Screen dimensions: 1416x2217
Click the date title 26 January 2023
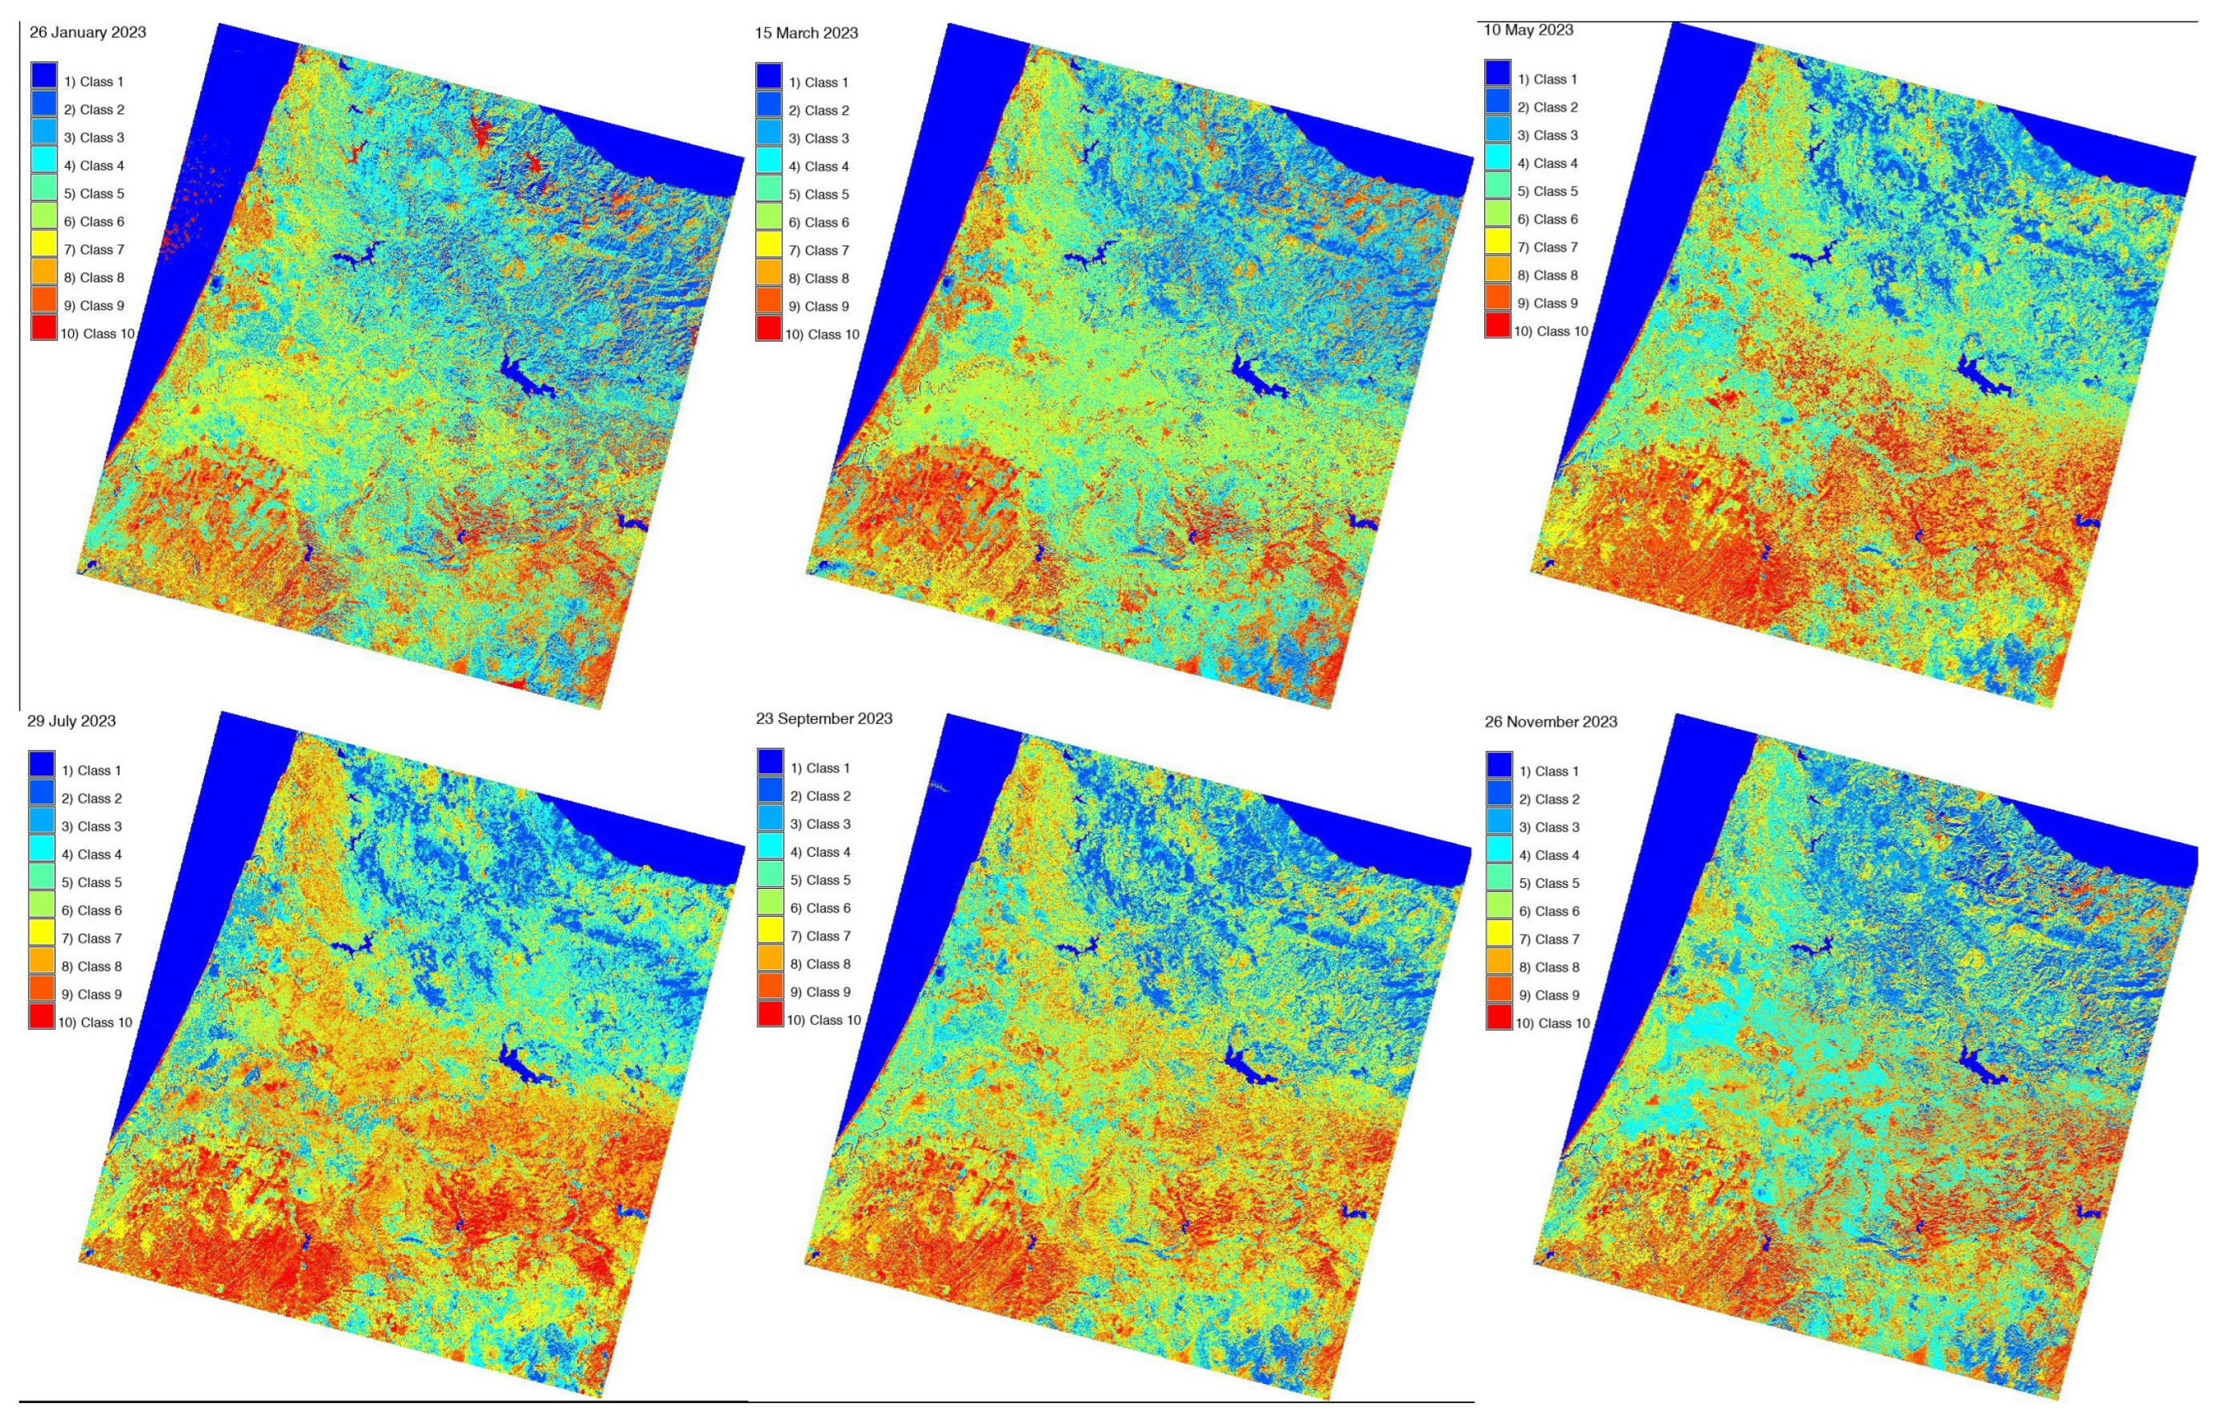point(88,33)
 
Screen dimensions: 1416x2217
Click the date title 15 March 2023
point(806,33)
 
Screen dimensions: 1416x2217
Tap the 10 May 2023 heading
point(1528,31)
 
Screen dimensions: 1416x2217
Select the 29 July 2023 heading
point(71,721)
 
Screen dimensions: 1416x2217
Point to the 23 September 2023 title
point(824,719)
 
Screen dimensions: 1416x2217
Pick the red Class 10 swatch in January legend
point(43,328)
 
